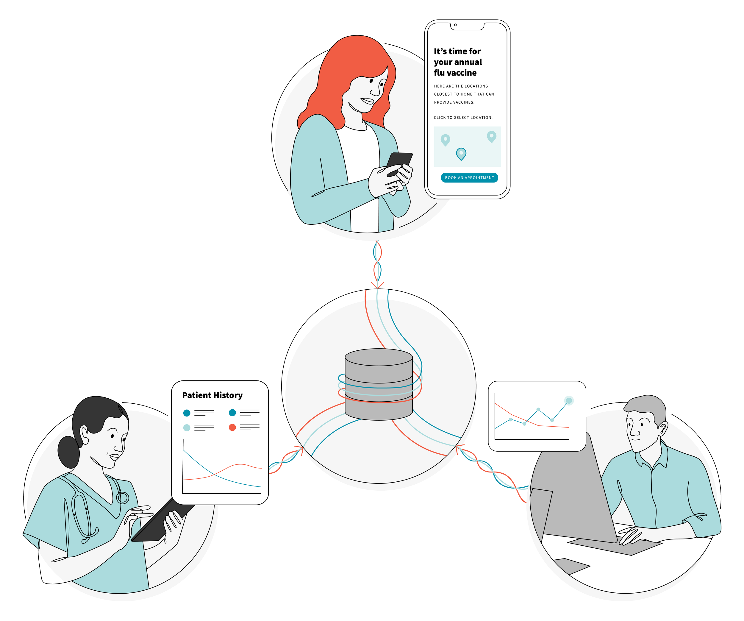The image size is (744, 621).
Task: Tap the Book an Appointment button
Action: [x=469, y=178]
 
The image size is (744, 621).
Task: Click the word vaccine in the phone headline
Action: [x=461, y=73]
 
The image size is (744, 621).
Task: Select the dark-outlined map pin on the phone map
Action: [x=461, y=154]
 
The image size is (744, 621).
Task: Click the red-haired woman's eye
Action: [x=371, y=80]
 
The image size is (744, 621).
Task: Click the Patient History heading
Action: [x=212, y=395]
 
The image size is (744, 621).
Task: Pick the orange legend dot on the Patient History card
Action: [x=232, y=427]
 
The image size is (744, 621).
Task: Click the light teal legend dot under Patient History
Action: [x=187, y=428]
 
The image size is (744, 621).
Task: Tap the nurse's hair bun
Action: [x=68, y=452]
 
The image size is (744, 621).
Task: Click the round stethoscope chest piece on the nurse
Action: [x=123, y=498]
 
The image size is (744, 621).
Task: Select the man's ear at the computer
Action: [x=662, y=428]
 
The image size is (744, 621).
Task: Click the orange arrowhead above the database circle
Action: [x=377, y=285]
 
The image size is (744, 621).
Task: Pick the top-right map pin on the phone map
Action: [x=491, y=136]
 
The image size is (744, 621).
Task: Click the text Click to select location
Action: [x=463, y=118]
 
